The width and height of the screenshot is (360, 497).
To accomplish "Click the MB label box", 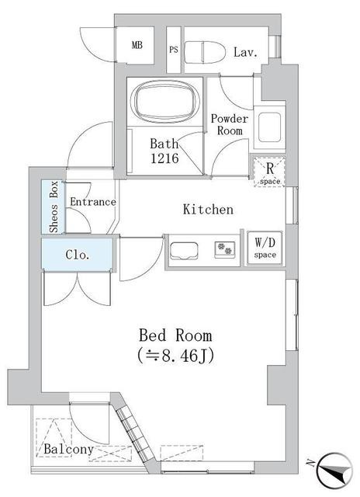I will (x=137, y=46).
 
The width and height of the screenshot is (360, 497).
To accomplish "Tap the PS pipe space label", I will (x=174, y=47).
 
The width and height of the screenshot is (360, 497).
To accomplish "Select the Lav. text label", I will (x=245, y=52).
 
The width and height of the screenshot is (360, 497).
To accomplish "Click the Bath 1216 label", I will (x=164, y=151).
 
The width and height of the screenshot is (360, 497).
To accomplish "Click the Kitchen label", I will (x=207, y=210).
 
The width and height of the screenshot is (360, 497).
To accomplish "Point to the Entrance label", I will (x=92, y=203).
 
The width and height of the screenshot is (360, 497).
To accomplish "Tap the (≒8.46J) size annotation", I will (x=175, y=356).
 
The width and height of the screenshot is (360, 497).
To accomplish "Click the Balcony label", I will (x=68, y=450).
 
